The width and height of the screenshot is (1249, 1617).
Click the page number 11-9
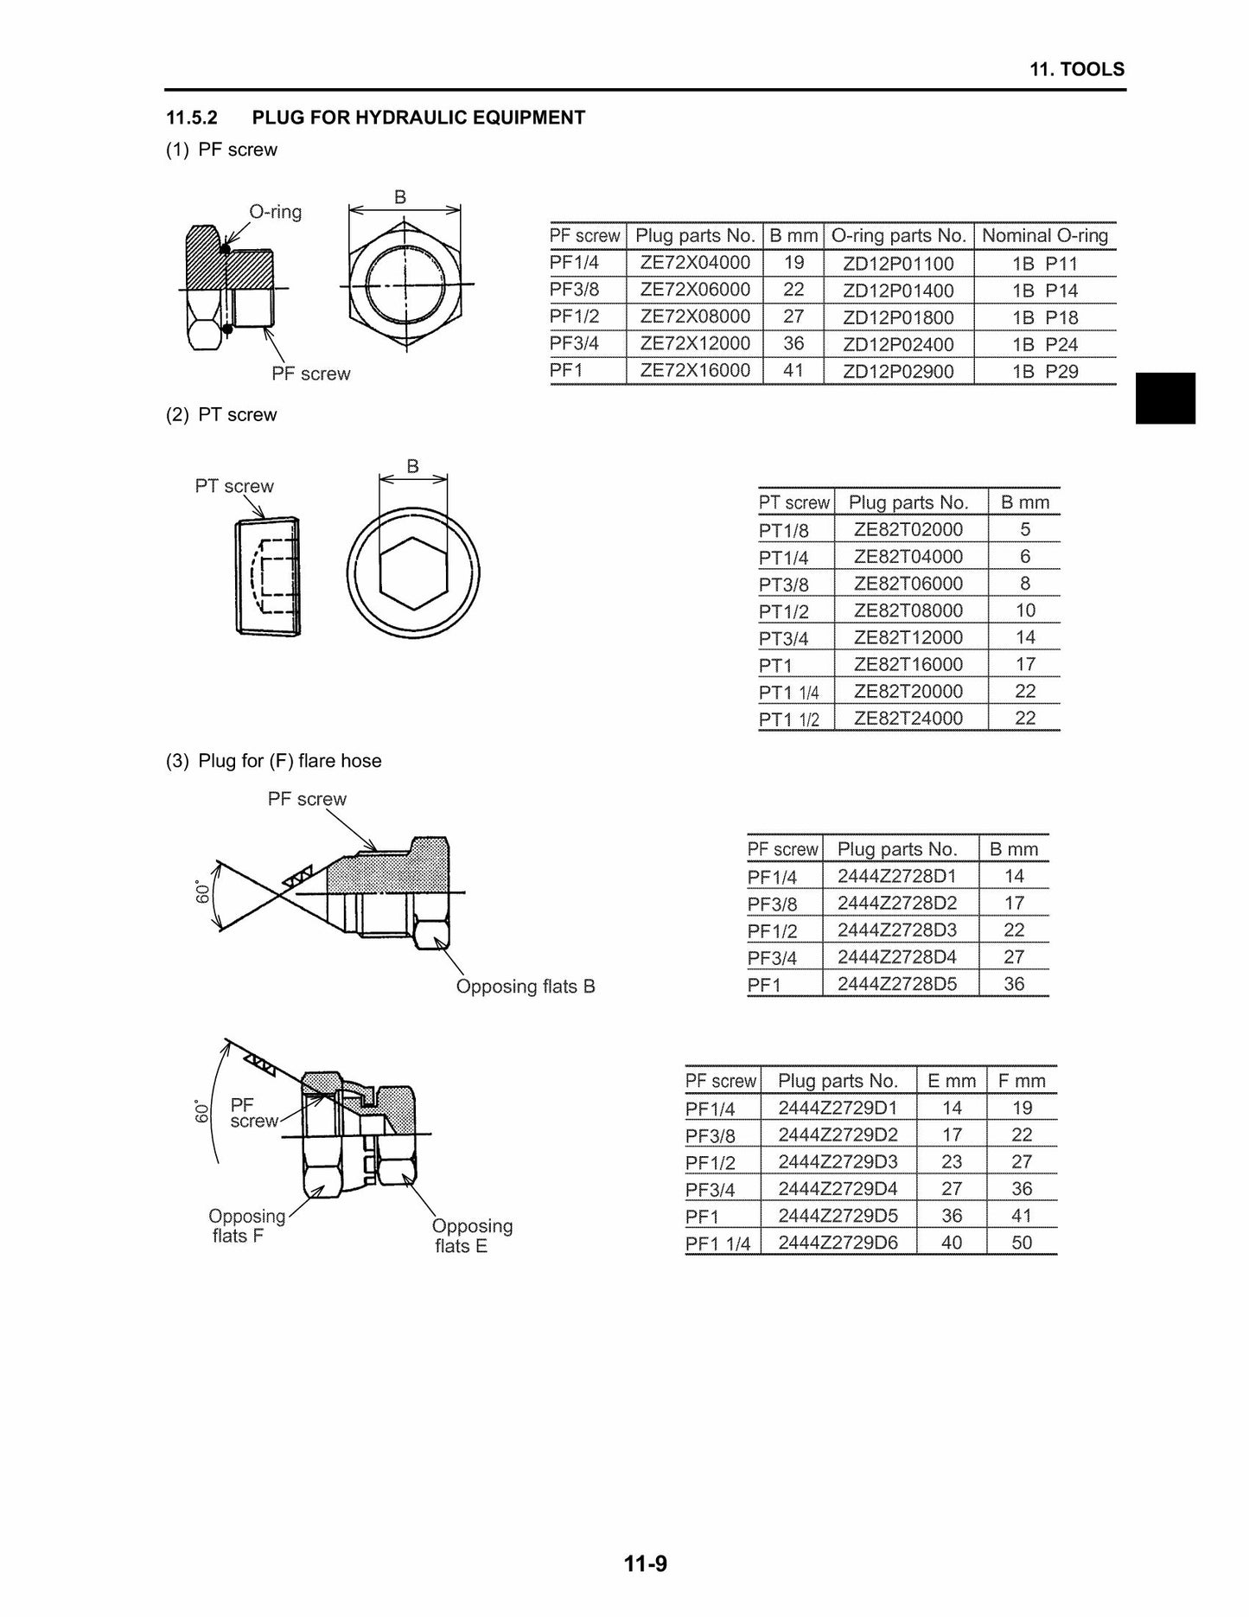(x=646, y=1563)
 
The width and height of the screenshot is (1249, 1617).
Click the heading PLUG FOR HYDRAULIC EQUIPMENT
(x=418, y=118)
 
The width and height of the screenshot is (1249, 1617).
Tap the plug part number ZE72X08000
(x=695, y=316)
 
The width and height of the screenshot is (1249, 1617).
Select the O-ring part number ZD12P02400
(x=898, y=344)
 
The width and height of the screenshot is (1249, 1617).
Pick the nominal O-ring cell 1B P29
(x=1045, y=371)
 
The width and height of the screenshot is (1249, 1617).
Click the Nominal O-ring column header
(x=1045, y=235)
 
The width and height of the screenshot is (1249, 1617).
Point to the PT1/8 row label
(x=783, y=530)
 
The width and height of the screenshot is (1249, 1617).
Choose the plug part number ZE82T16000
(x=908, y=664)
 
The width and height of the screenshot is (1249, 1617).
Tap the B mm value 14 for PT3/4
(x=1025, y=637)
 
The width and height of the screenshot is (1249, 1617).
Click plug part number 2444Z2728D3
(x=897, y=930)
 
